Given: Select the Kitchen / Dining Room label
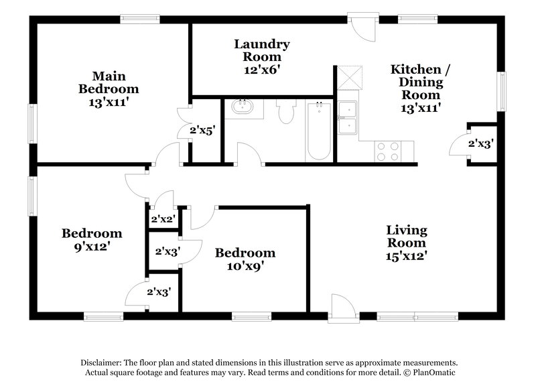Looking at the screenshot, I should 415,82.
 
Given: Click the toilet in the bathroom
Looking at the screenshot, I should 287,111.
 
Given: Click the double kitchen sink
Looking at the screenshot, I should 348,118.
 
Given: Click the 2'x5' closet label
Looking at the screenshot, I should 202,131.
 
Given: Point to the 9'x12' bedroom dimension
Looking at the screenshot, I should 92,246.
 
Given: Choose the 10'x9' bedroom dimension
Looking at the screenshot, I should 245,265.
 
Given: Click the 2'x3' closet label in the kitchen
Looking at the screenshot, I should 480,143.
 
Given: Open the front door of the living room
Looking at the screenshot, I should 340,309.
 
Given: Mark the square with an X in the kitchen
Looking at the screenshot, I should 349,76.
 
